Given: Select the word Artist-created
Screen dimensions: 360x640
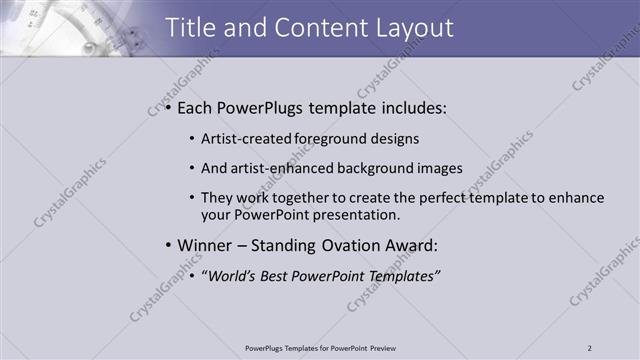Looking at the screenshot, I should [x=241, y=140].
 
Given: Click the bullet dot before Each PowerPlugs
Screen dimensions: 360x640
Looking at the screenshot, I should [x=168, y=108].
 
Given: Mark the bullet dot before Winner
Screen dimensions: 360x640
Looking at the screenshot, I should [x=168, y=245].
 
